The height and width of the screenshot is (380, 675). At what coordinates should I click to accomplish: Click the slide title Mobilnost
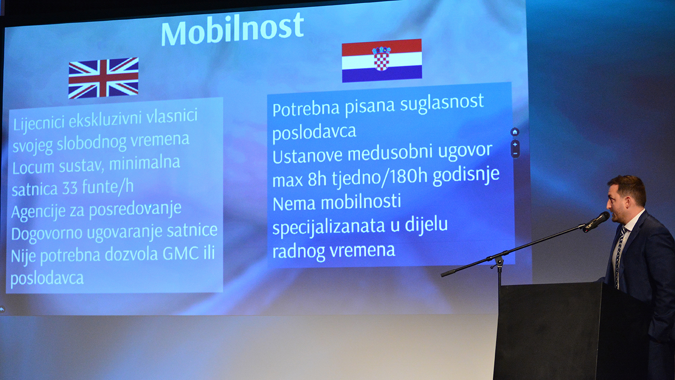point(232,29)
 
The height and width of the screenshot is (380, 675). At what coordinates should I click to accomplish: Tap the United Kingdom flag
point(103,78)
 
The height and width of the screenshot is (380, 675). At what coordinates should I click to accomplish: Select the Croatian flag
point(382,61)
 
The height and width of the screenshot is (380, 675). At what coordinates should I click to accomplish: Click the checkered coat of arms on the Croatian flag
point(382,59)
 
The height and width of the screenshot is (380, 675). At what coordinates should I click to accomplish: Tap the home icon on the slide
point(515,132)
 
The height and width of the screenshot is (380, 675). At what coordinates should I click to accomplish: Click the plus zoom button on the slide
point(515,144)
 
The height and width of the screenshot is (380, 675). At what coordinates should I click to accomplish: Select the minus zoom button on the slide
point(515,153)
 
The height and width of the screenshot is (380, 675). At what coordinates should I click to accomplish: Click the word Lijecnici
point(39,123)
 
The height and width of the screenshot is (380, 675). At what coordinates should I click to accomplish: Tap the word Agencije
point(38,212)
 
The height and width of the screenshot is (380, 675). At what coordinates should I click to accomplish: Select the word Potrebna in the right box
point(306,109)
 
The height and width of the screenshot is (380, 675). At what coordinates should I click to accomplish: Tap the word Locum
point(33,167)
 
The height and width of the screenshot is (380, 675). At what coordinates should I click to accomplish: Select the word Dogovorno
point(47,235)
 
